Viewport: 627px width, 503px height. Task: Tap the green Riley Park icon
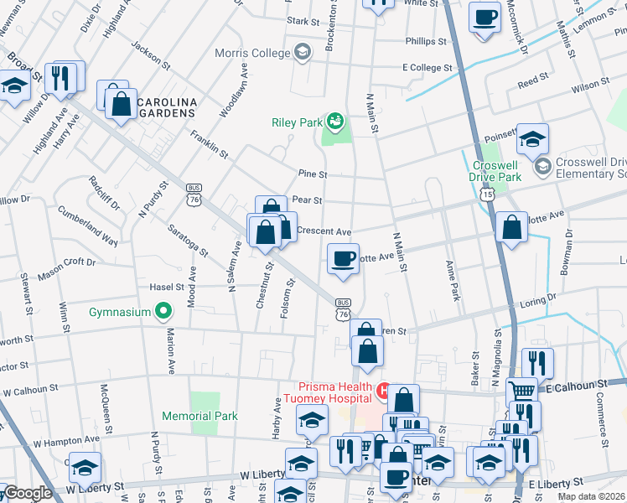pyautogui.click(x=335, y=122)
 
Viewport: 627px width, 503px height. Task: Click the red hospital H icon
pyautogui.click(x=383, y=391)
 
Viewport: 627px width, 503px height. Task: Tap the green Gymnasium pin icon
pyautogui.click(x=163, y=313)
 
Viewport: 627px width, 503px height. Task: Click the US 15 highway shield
pyautogui.click(x=487, y=194)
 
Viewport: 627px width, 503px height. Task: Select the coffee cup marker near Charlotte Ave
pyautogui.click(x=342, y=259)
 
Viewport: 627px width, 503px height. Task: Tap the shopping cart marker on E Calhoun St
pyautogui.click(x=522, y=389)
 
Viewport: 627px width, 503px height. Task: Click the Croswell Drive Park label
pyautogui.click(x=497, y=171)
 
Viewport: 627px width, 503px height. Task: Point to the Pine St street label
pyautogui.click(x=312, y=174)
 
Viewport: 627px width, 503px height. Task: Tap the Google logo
pyautogui.click(x=28, y=493)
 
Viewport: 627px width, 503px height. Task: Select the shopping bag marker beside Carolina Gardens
pyautogui.click(x=121, y=104)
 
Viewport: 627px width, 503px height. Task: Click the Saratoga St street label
pyautogui.click(x=187, y=241)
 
